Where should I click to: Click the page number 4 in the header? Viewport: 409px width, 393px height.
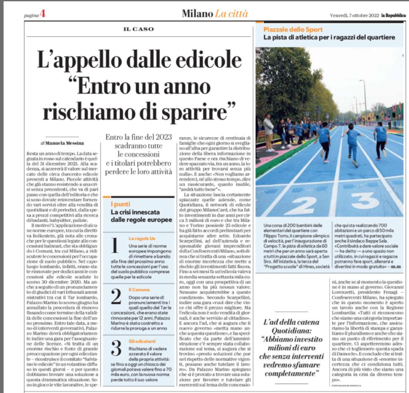42,14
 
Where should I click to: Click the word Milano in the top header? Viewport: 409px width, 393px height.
197,14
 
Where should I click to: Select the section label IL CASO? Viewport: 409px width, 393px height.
138,29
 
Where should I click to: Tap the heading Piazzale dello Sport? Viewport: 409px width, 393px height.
293,30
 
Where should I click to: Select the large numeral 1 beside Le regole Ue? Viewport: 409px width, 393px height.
115,245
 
